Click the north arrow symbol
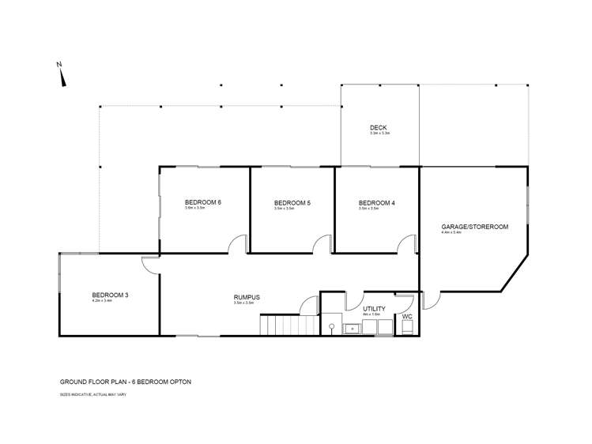[x=62, y=77]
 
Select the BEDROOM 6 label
[x=202, y=202]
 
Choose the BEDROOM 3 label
[x=110, y=295]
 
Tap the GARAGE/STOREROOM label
[x=474, y=227]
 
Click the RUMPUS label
[x=247, y=297]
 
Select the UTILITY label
[x=374, y=309]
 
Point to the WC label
[x=407, y=316]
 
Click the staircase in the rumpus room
[x=289, y=324]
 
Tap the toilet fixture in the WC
[x=406, y=328]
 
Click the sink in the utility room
[x=333, y=326]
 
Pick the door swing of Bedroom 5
[x=322, y=244]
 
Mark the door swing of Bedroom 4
[x=406, y=244]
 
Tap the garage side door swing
[x=431, y=299]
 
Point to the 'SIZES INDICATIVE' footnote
[x=93, y=393]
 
